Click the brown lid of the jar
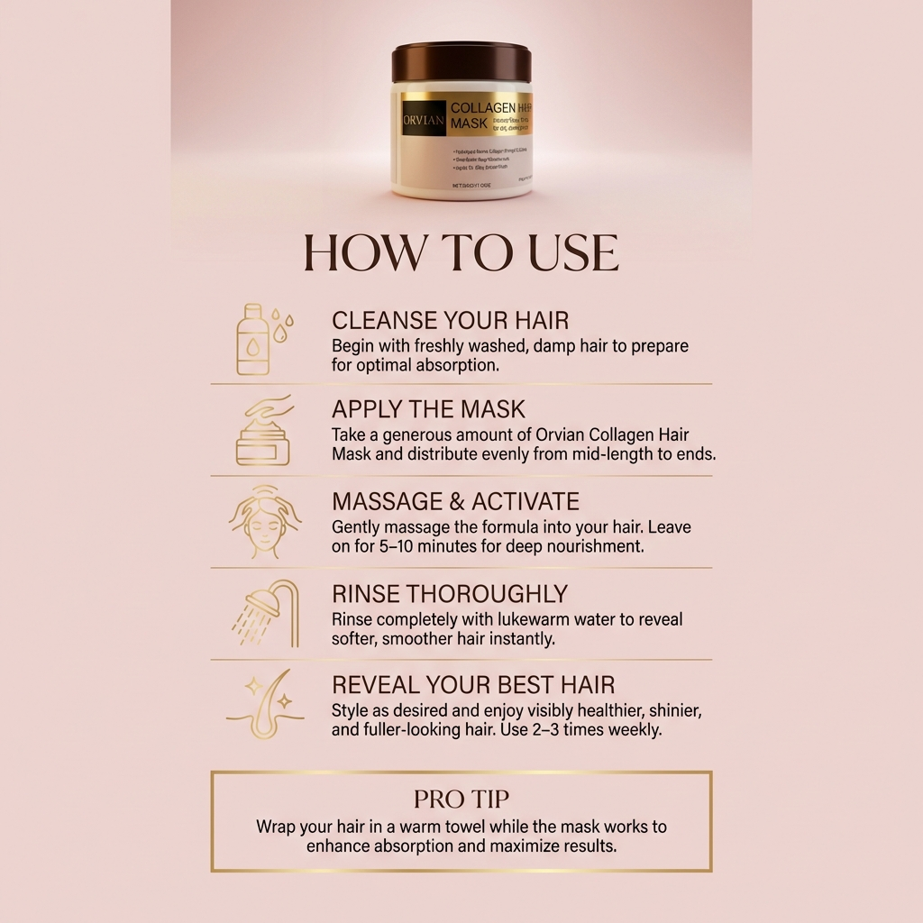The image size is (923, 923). click(x=461, y=62)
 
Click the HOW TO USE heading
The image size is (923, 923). click(x=461, y=253)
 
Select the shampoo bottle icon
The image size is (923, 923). click(x=253, y=340)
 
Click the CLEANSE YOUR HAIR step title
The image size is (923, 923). click(x=450, y=321)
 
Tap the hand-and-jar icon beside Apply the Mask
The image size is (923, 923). click(x=262, y=430)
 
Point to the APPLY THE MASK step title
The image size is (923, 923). click(x=428, y=409)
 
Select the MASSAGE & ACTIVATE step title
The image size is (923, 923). click(x=455, y=502)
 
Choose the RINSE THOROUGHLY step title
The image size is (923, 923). click(x=450, y=594)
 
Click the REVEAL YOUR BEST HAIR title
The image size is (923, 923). click(x=473, y=685)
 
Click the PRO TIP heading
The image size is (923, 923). click(x=461, y=800)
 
